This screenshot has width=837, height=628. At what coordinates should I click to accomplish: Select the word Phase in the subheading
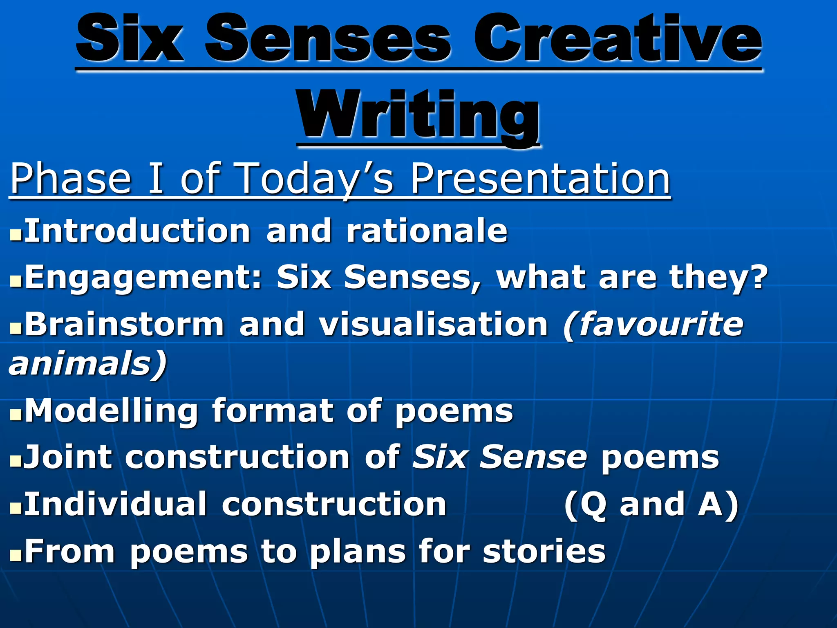tap(70, 178)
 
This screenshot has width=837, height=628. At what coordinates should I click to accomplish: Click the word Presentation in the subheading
tap(540, 178)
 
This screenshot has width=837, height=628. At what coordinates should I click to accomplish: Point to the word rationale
tap(427, 231)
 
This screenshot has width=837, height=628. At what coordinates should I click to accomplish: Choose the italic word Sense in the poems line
tap(533, 457)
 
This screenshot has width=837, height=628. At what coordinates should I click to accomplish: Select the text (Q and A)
tap(651, 505)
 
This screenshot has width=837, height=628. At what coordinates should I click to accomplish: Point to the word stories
tap(544, 551)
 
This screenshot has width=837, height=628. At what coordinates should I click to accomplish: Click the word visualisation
tap(433, 324)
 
